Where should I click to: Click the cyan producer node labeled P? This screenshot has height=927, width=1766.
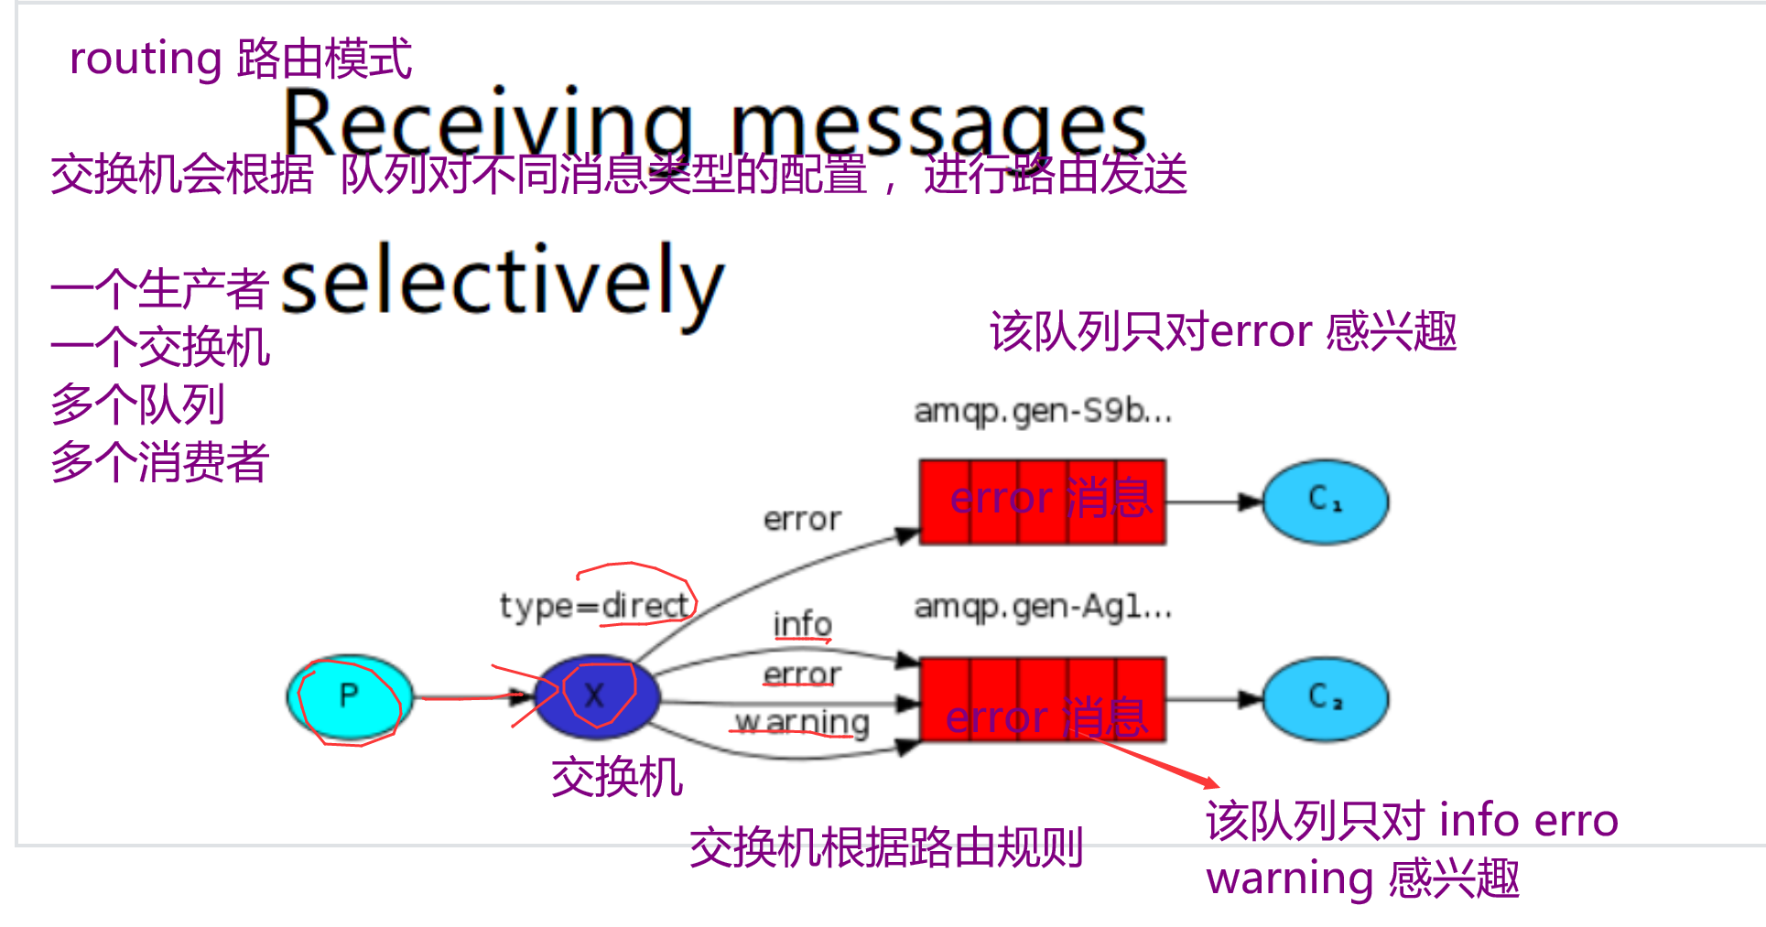click(350, 696)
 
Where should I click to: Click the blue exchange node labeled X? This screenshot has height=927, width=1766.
click(596, 696)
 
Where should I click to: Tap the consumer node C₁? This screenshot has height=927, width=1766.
click(1325, 501)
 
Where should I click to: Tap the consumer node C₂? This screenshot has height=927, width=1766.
click(1325, 698)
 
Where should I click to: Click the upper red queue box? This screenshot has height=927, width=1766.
click(1042, 501)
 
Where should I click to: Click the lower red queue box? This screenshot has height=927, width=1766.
click(1042, 700)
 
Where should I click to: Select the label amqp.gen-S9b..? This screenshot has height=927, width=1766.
click(1042, 411)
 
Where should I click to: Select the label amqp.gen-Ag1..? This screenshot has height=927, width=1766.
click(1042, 606)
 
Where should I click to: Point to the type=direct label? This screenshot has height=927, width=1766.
click(593, 605)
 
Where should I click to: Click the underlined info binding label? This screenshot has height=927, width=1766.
click(802, 624)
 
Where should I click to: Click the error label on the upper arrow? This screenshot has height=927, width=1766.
click(802, 520)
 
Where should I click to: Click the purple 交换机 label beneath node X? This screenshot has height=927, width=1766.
click(616, 778)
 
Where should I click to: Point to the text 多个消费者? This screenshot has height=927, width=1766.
click(159, 462)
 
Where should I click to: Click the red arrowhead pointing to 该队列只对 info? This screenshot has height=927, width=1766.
click(1210, 782)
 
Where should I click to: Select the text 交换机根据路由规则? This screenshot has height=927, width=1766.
click(885, 847)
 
